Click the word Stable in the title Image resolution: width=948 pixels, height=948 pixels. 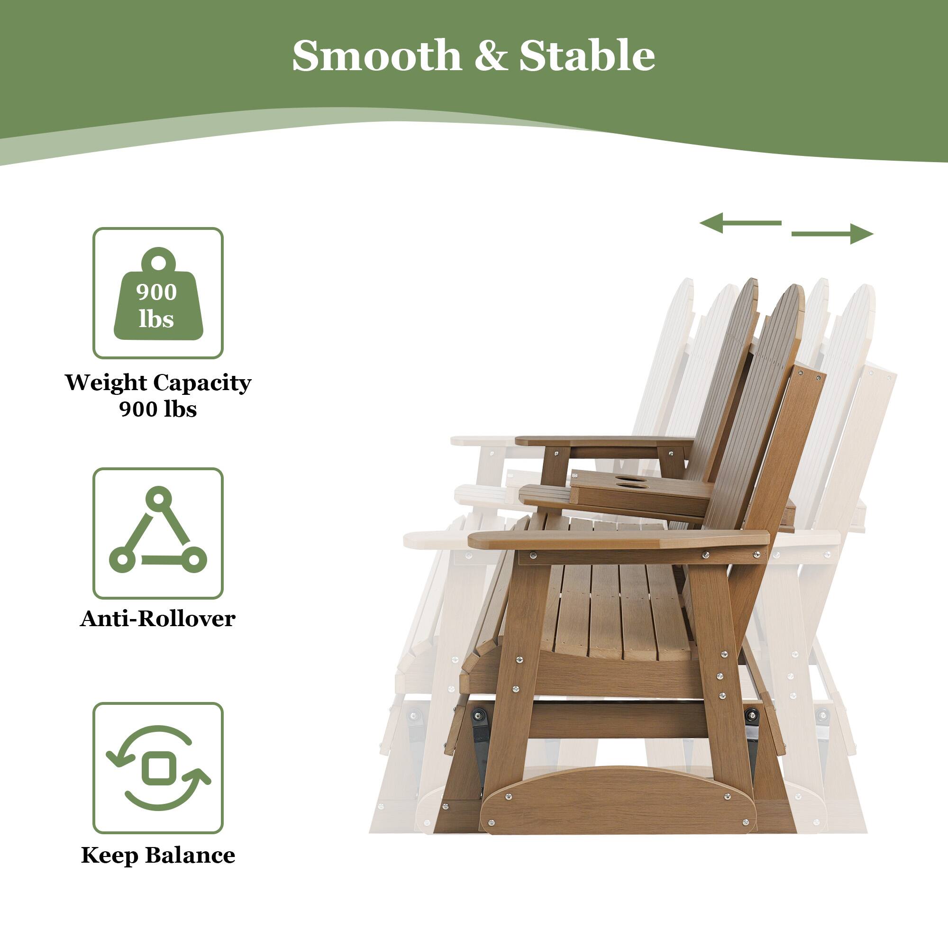(587, 55)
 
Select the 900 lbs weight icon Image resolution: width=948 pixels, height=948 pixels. (158, 293)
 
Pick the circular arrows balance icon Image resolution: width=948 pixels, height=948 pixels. (158, 768)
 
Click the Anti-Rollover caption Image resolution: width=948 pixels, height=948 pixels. (157, 619)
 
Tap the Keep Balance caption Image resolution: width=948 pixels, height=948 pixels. (158, 855)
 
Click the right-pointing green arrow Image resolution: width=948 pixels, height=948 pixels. (832, 234)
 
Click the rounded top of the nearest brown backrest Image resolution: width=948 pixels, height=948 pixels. (787, 299)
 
